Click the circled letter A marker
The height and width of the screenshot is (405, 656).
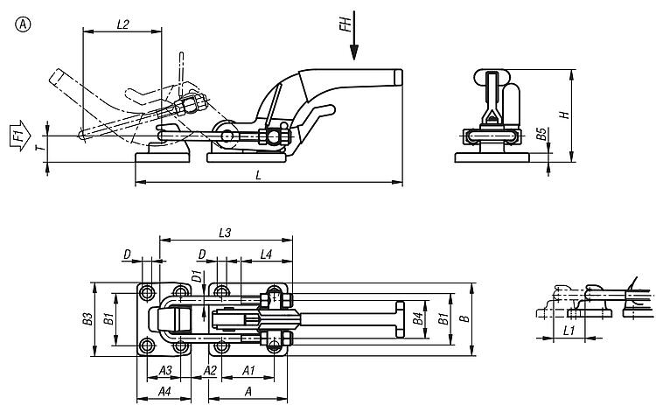tap(21, 24)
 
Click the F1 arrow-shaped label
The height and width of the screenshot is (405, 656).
tap(18, 136)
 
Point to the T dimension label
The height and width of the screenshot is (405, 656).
tap(38, 150)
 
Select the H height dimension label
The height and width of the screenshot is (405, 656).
tap(565, 115)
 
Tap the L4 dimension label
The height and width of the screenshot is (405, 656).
tap(266, 254)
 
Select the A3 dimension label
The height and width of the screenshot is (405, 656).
tap(164, 370)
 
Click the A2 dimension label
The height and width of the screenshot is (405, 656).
tap(210, 370)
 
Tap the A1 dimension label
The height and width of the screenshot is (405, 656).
tap(248, 370)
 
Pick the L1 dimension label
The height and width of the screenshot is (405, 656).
tap(568, 332)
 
